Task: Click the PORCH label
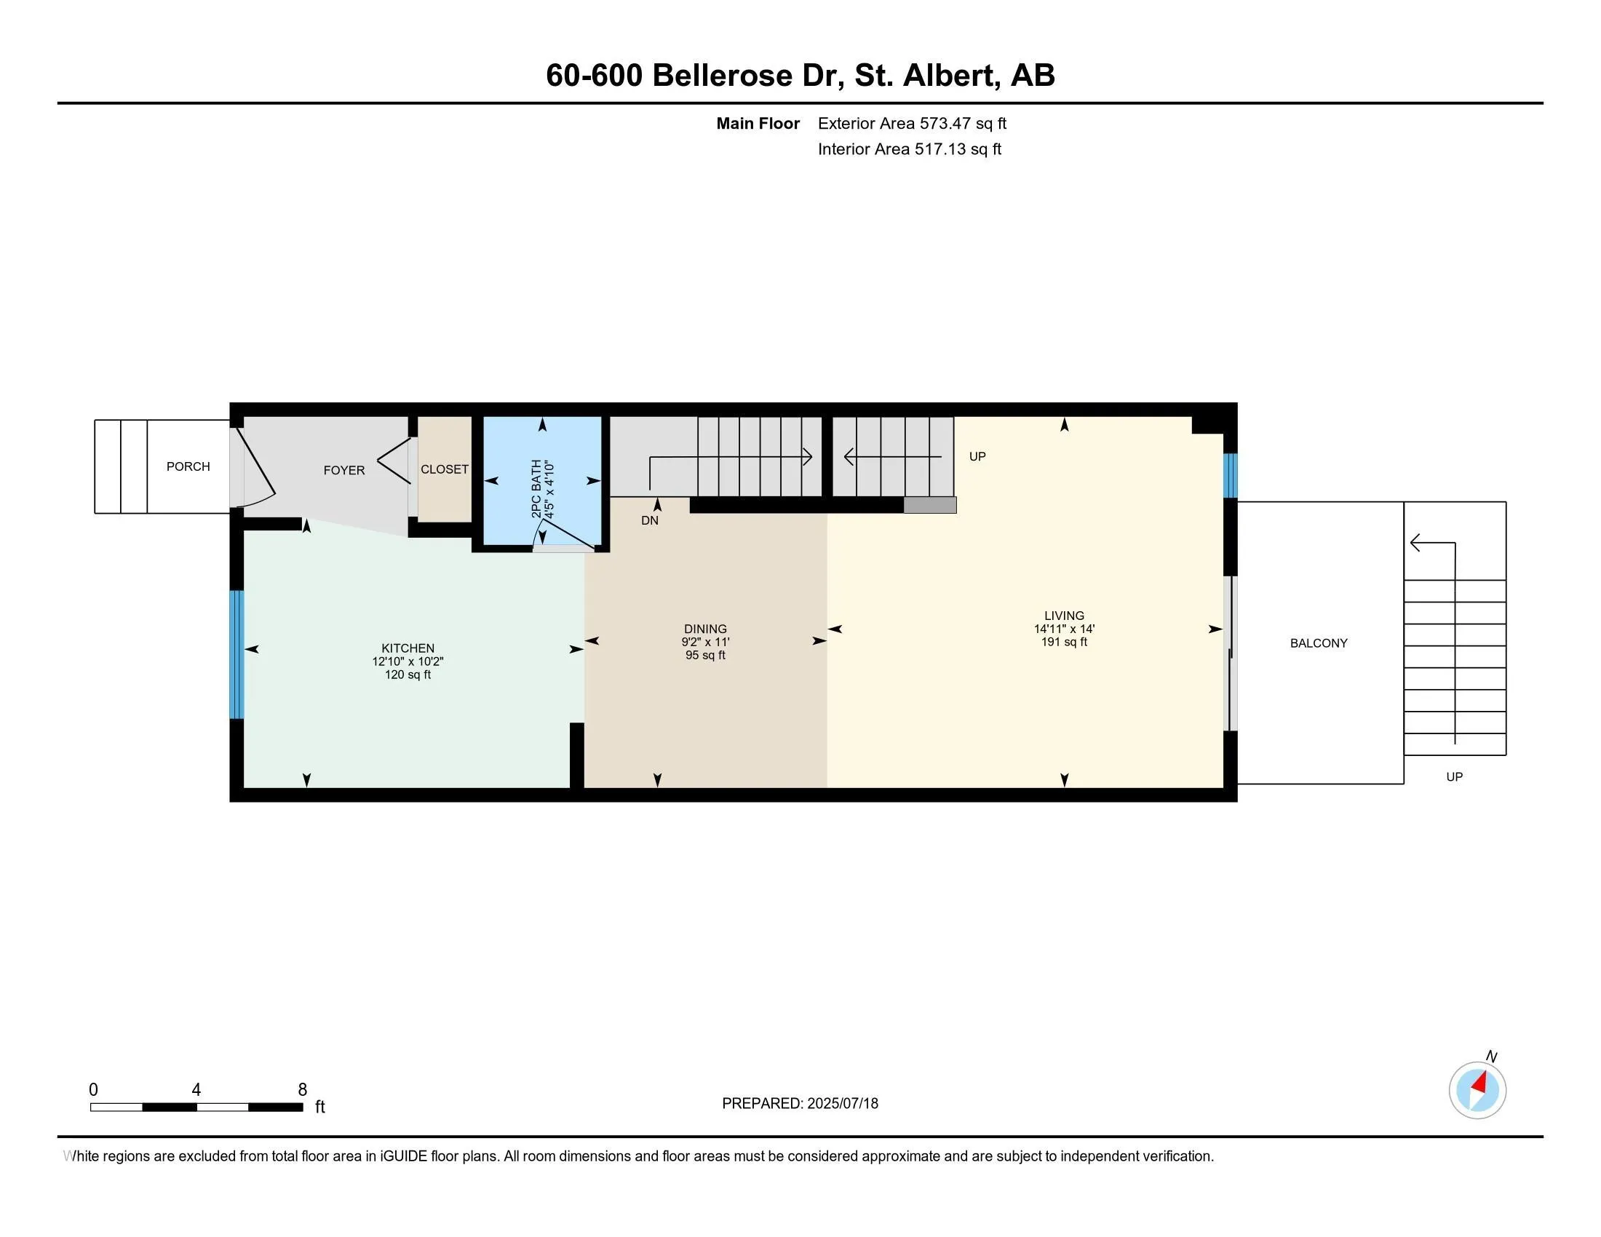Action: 188,467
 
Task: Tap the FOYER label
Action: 343,471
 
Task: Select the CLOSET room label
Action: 444,470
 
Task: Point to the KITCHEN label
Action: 408,648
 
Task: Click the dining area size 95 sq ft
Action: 705,656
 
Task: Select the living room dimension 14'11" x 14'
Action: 1064,629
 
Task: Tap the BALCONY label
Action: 1318,643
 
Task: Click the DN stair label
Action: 649,521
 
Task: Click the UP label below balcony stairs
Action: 1455,777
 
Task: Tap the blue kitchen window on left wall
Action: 236,654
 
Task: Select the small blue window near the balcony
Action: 1230,476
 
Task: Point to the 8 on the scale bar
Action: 302,1090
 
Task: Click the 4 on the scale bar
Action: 196,1090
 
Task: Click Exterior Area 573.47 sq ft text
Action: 911,124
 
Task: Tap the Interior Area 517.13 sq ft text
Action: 909,149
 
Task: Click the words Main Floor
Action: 758,124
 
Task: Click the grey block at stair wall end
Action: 929,505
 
